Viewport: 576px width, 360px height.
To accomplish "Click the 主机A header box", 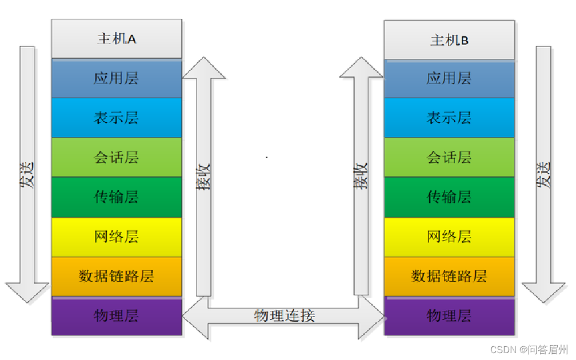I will tap(117, 39).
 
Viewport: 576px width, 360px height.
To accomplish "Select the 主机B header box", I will tap(449, 41).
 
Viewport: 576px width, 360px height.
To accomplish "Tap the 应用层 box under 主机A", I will tap(117, 78).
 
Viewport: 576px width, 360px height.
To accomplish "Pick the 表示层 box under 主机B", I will tap(449, 118).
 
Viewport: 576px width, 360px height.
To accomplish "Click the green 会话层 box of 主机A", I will tap(117, 158).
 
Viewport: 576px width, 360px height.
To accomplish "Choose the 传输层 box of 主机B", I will tap(449, 198).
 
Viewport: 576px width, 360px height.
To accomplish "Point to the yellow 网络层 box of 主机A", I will tap(117, 237).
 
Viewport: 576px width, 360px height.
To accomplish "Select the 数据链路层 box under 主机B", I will tap(449, 277).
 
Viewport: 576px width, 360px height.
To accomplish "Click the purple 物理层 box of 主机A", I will tap(117, 316).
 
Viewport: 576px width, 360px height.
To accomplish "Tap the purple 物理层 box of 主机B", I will tap(449, 316).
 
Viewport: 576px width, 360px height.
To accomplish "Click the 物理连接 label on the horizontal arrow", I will tap(284, 315).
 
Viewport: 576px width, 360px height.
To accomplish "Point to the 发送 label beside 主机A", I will tap(27, 175).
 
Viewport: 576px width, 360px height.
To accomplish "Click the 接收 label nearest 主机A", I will tap(204, 177).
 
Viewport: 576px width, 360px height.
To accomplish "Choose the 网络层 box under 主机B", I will tap(449, 237).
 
